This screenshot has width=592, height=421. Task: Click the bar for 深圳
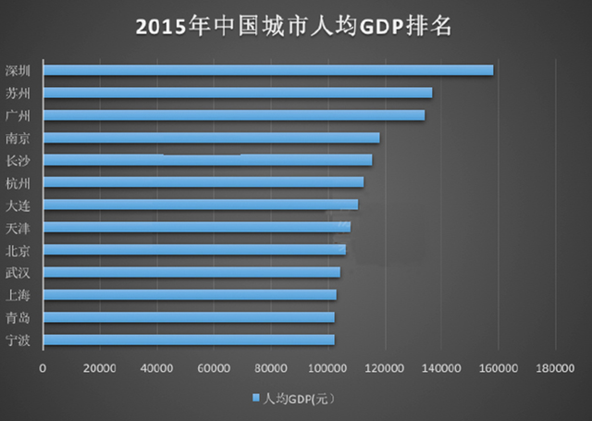point(268,70)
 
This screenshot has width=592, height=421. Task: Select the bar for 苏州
point(238,93)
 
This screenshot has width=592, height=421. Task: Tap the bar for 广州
point(234,115)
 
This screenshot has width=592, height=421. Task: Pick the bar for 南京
point(211,138)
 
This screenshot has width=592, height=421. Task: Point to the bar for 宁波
point(189,340)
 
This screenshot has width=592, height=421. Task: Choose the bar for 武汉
point(191,272)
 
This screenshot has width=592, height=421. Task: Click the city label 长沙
point(18,160)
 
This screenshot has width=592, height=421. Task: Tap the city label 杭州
point(18,182)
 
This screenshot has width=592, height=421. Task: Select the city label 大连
point(18,204)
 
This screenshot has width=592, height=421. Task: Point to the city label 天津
point(18,227)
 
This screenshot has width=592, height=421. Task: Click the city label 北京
point(18,250)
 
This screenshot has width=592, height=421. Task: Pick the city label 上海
point(18,294)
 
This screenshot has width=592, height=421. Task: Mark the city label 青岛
point(18,317)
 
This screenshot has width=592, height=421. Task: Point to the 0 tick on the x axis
point(43,368)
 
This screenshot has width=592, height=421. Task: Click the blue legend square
point(255,399)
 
